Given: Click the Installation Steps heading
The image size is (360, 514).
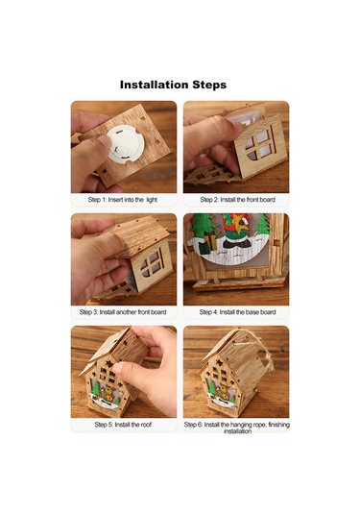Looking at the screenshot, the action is tap(173, 85).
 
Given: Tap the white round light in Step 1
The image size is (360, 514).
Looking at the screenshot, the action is tap(126, 145).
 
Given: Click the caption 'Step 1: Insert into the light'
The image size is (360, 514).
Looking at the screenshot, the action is tap(123, 200).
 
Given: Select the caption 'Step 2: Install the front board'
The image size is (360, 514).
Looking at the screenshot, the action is tap(237, 200).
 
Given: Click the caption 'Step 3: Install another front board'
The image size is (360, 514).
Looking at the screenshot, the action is tap(123, 312).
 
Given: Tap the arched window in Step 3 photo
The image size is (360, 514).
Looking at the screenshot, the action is tap(153, 263).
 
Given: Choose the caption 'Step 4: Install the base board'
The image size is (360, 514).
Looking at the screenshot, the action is tap(237, 312).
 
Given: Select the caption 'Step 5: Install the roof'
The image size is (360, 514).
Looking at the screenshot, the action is tap(123, 425).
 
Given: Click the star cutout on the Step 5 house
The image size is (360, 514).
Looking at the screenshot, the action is tap(108, 364).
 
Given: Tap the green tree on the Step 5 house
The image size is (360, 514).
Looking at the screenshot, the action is tap(95, 389).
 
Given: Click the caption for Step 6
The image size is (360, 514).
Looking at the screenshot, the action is tap(237, 428).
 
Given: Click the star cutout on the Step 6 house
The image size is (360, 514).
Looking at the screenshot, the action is tap(219, 363).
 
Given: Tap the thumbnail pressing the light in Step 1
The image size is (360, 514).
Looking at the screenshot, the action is tap(106, 142).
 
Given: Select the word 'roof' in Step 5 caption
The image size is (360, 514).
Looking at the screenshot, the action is tap(146, 425).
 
